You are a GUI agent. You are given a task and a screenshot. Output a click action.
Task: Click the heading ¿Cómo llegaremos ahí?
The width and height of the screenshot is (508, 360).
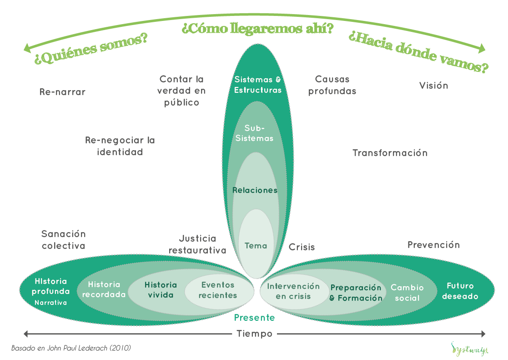coord(257,29)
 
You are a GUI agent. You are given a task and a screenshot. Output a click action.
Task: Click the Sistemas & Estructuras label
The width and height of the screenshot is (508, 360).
coord(258,85)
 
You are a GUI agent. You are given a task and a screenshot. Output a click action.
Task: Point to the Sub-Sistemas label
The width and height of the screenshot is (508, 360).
coord(255,133)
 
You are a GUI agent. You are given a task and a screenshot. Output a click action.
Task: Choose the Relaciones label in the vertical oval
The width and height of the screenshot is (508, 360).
coord(255,190)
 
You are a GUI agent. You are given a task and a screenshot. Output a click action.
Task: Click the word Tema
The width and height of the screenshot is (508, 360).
coord(256,246)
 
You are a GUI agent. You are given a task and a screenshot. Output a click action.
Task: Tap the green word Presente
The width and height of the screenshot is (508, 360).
coord(255,318)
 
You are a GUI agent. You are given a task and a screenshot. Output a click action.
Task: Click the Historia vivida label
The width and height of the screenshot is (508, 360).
coord(161,290)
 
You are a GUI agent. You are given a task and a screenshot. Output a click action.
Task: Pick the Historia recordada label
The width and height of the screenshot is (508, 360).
coord(104,289)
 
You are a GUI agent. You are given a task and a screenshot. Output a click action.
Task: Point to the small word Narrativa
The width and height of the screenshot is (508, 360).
coord(50,302)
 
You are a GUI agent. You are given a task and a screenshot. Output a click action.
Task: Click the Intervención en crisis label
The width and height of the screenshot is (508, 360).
coord(293,291)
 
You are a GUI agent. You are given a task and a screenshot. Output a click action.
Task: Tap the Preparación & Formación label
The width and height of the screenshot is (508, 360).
coord(356,293)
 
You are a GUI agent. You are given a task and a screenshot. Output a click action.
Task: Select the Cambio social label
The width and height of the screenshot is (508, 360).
coord(407,293)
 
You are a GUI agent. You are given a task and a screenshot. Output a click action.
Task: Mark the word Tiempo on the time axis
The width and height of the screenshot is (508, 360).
coord(255,334)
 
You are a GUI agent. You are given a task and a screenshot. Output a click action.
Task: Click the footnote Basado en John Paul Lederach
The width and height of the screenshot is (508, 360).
coord(71,348)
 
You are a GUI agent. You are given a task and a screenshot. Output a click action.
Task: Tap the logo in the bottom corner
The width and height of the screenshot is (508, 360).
coord(470,349)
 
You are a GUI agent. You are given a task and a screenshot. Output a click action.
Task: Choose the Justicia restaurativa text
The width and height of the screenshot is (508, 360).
coord(197,244)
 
